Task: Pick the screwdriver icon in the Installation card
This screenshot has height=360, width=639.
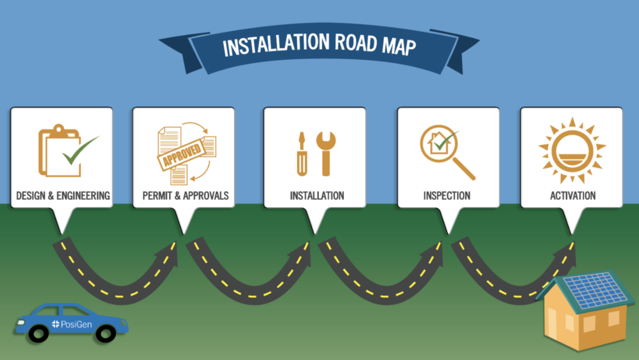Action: pos(301,153)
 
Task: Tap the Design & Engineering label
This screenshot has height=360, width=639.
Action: pos(63,195)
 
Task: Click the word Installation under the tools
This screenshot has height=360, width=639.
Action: pos(317,195)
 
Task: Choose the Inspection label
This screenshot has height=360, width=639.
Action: pos(447,195)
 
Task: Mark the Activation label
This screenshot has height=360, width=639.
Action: pos(572,195)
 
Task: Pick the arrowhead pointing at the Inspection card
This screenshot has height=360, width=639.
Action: pos(435,250)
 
